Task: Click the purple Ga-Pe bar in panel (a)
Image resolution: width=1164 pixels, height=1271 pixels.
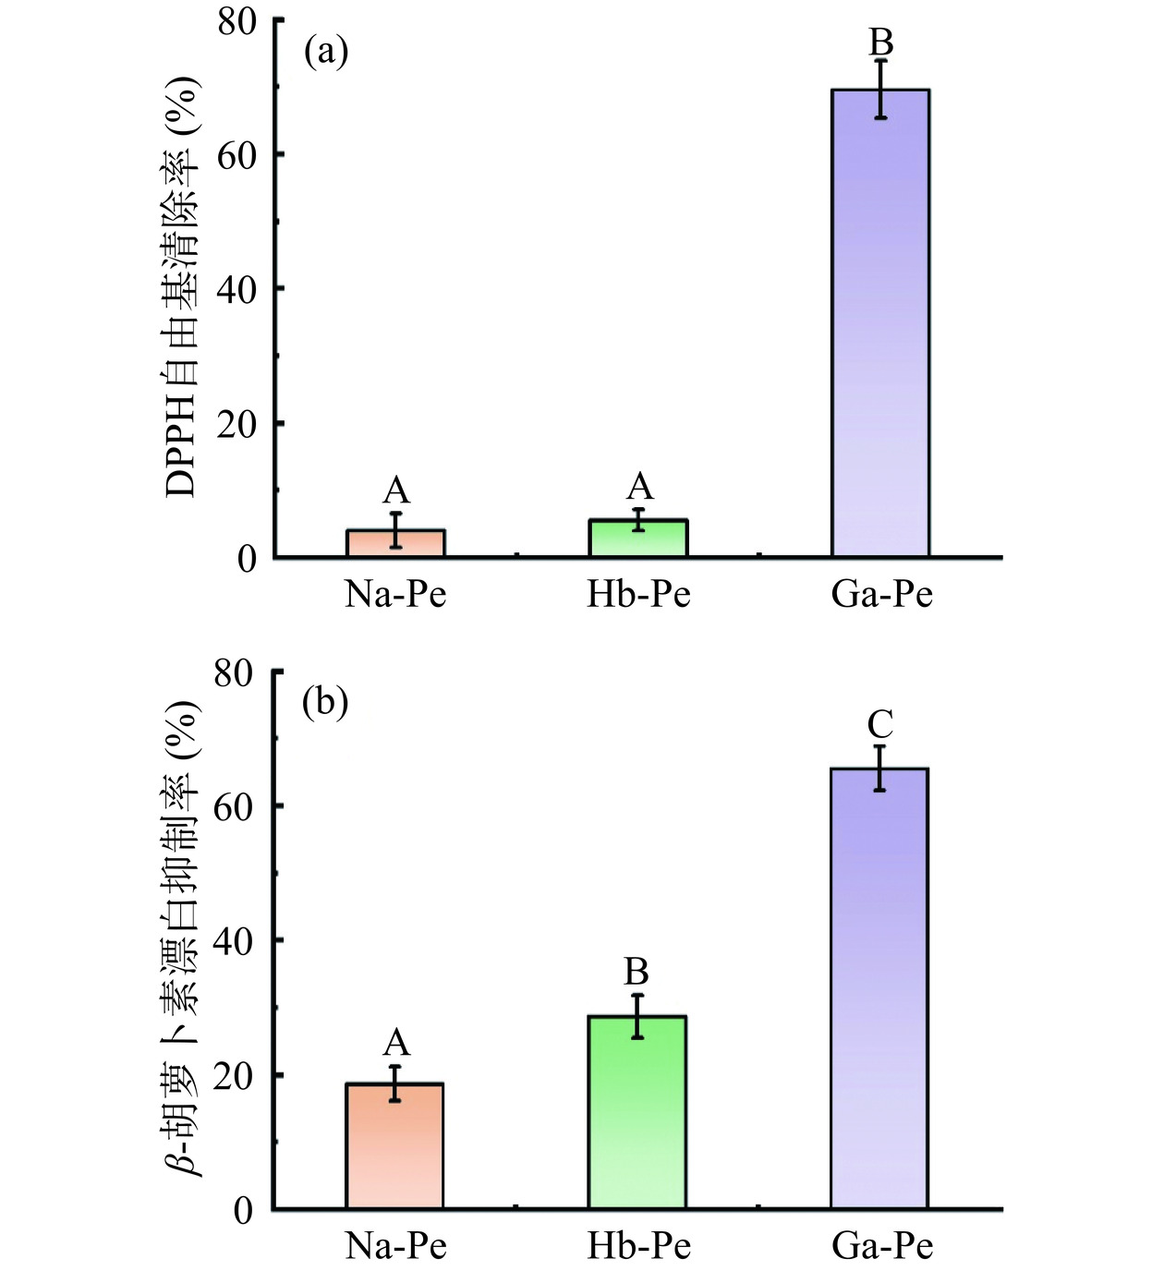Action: click(880, 323)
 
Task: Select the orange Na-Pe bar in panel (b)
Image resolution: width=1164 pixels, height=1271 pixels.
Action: click(394, 1145)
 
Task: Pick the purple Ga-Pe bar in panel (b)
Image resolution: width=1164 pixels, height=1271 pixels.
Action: click(879, 988)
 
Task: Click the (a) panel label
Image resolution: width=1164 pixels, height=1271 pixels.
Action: click(326, 52)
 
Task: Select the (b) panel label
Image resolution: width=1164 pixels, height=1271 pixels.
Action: click(326, 704)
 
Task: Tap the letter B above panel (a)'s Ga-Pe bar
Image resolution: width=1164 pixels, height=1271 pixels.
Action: click(881, 42)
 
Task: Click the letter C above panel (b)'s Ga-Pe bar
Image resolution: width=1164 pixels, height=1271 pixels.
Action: click(880, 724)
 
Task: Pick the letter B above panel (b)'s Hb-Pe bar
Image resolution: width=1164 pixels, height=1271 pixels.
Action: click(637, 972)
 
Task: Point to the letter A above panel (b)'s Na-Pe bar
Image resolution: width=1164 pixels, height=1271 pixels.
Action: click(395, 1043)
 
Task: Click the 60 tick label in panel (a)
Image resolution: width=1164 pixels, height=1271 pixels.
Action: click(236, 154)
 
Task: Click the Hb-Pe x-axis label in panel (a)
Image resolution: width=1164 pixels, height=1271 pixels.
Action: click(638, 594)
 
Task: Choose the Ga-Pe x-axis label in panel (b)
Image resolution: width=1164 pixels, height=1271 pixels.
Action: click(882, 1246)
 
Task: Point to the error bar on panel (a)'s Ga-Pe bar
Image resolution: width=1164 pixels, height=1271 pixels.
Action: click(881, 89)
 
